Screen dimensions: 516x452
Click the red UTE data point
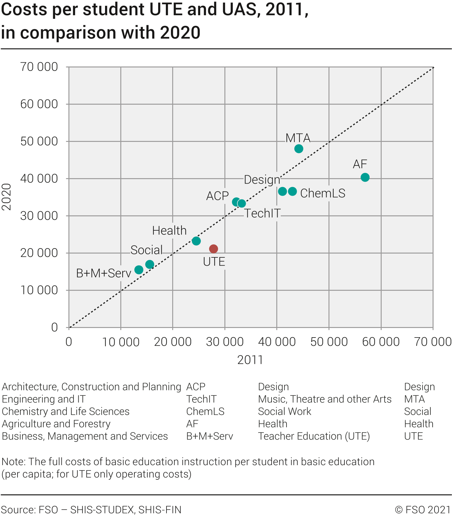click(x=214, y=249)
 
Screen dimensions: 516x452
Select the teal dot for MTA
click(x=299, y=149)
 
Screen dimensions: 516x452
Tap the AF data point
click(x=365, y=177)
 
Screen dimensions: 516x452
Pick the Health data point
click(x=196, y=241)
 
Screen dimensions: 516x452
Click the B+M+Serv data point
click(x=139, y=270)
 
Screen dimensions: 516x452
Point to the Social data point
click(x=150, y=264)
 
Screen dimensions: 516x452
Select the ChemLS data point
click(x=293, y=191)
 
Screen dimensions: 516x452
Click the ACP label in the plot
click(x=217, y=196)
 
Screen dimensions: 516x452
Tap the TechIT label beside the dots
click(x=262, y=213)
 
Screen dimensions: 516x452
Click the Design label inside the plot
click(x=262, y=180)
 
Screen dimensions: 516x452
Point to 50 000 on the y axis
click(x=39, y=141)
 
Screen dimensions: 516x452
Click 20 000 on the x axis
click(x=173, y=342)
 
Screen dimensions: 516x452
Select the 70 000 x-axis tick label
click(x=433, y=342)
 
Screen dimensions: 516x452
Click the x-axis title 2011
click(x=250, y=360)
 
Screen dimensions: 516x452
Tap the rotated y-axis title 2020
click(x=7, y=197)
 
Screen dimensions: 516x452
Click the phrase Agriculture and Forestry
click(x=56, y=424)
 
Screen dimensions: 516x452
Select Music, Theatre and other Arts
click(x=325, y=399)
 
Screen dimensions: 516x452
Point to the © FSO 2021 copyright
click(x=423, y=510)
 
